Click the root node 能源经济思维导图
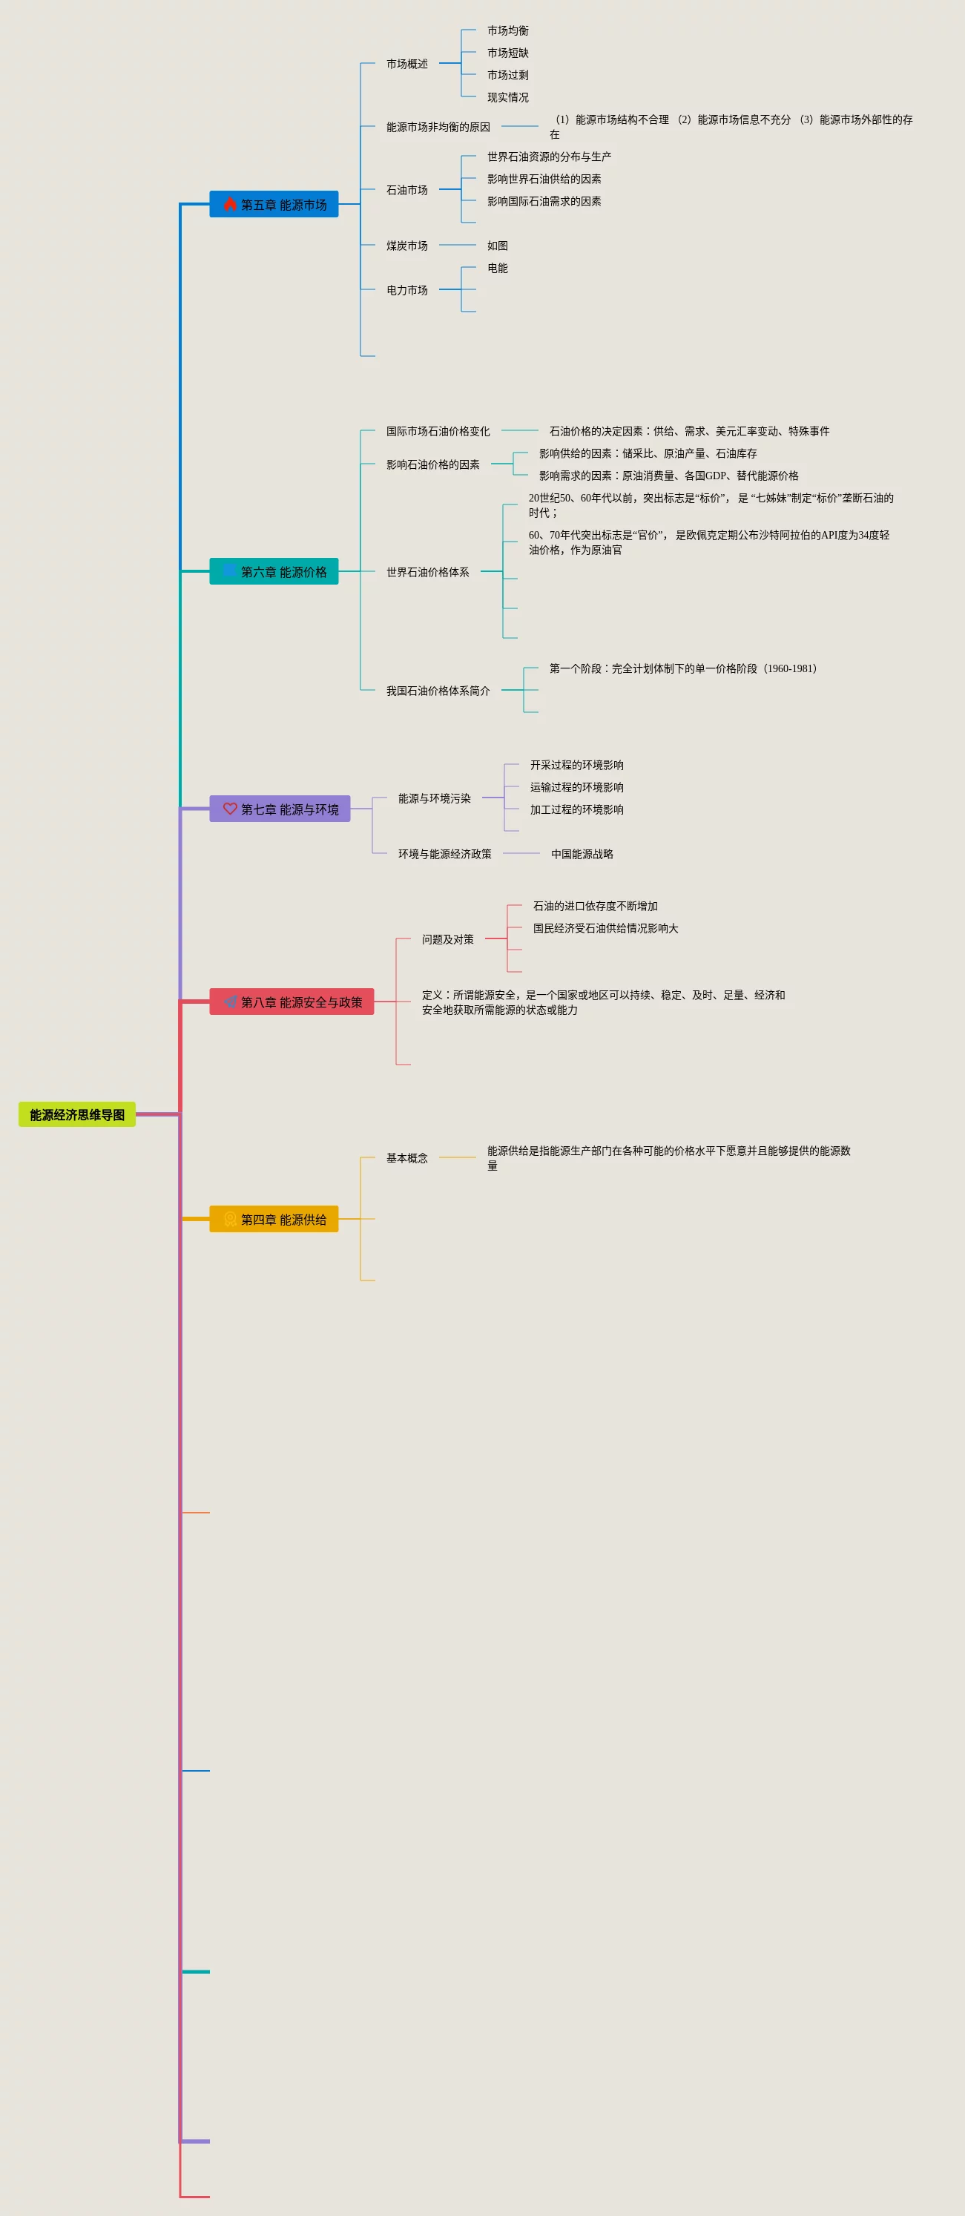tap(76, 1114)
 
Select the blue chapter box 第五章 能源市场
tap(274, 204)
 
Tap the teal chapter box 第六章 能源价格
tap(274, 571)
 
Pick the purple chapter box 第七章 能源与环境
tap(280, 809)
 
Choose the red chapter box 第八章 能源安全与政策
tap(292, 1002)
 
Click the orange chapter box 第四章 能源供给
tap(274, 1219)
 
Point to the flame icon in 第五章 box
tap(230, 204)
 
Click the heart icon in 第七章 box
tap(230, 809)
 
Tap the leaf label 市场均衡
tap(507, 30)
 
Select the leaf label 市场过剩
tap(507, 75)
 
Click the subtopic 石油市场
tap(406, 189)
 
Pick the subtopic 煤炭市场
tap(406, 245)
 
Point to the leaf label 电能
tap(497, 268)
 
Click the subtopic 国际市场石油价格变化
tap(438, 431)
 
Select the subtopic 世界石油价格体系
tap(427, 571)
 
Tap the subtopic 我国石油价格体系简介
tap(438, 690)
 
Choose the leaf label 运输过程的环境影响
tap(576, 786)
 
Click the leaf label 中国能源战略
tap(582, 853)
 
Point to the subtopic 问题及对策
tap(447, 938)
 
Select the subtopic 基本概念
tap(406, 1157)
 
